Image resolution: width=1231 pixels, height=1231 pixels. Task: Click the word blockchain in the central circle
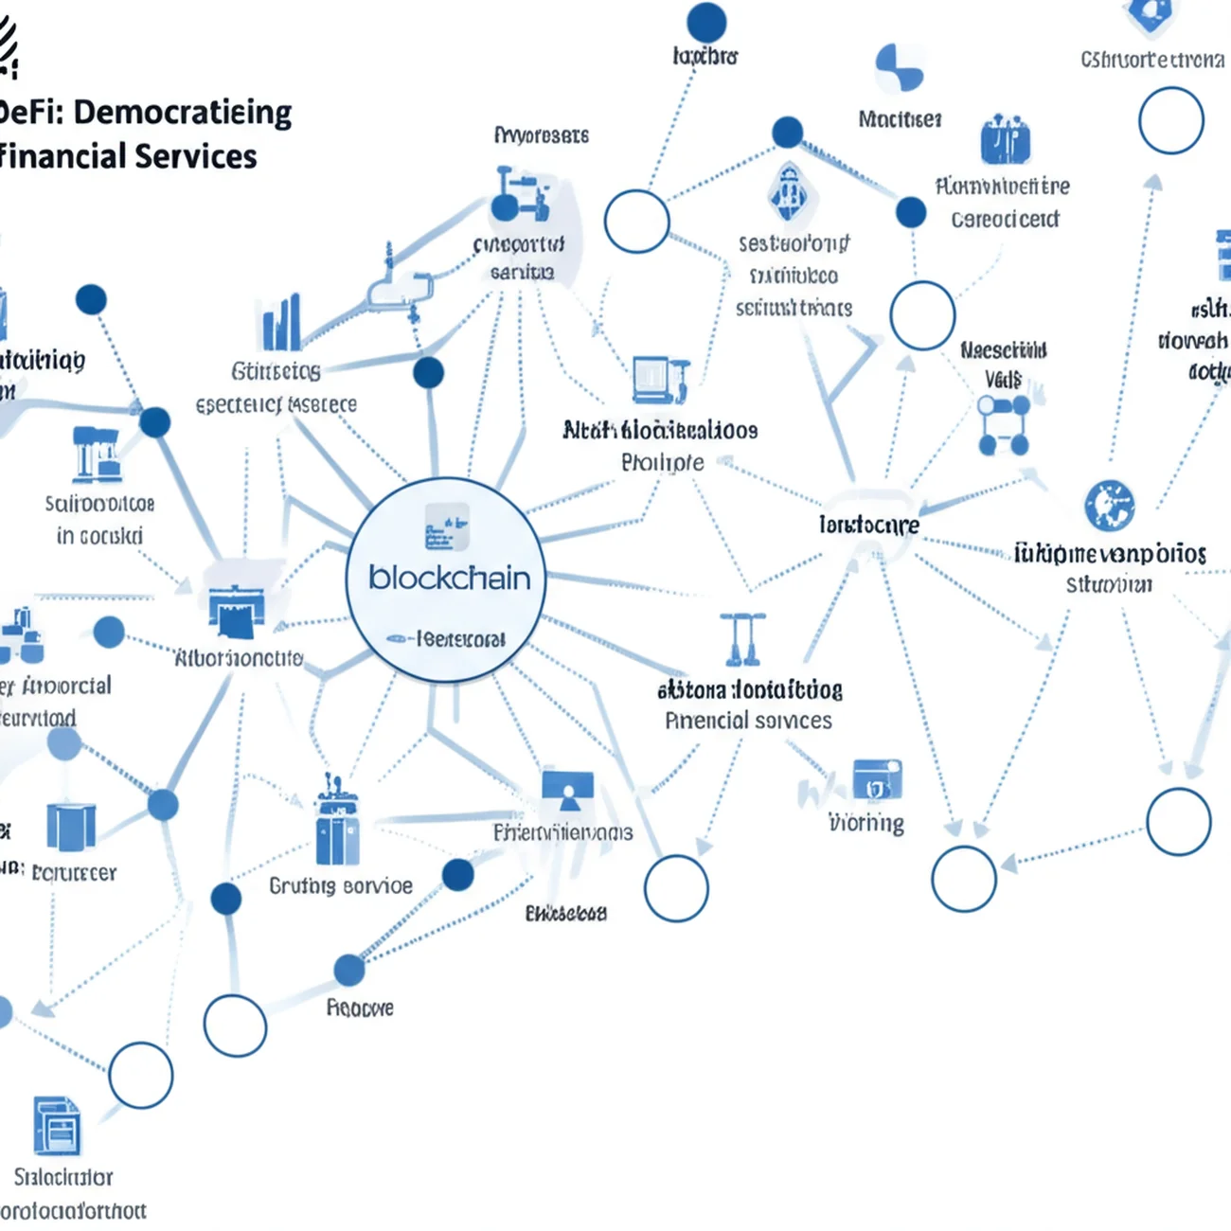(449, 578)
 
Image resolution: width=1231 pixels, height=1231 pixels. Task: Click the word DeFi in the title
(28, 113)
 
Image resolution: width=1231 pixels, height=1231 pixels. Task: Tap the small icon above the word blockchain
(447, 527)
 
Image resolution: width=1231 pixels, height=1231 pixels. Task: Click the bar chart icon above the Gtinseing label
(281, 324)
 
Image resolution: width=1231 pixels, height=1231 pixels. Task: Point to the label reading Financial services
(748, 721)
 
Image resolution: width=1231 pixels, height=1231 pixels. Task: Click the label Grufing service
(341, 886)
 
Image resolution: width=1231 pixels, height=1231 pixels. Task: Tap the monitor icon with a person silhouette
(568, 792)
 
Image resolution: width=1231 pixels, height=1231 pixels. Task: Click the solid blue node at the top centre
(706, 22)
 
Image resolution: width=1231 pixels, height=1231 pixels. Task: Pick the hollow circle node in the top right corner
(1171, 121)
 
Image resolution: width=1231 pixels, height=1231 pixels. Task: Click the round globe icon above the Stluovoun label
(1110, 505)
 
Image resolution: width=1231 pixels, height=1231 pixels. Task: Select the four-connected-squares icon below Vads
(1004, 425)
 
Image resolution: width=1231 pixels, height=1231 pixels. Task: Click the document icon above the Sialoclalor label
(57, 1127)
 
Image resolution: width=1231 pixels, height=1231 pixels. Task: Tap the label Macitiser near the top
(900, 119)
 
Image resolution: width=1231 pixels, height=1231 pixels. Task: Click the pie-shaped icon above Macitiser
(900, 67)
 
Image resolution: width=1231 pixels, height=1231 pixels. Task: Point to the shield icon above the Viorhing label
(877, 780)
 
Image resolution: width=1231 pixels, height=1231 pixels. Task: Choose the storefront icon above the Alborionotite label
(236, 611)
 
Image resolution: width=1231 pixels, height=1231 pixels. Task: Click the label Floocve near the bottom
(360, 1008)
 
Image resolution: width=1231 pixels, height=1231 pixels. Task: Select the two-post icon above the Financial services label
(742, 639)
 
